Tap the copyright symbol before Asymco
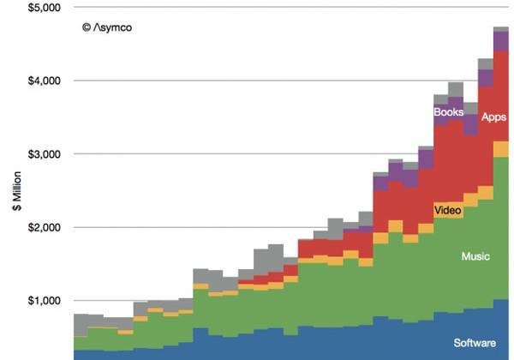(86, 27)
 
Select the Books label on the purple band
(448, 112)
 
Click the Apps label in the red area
(493, 117)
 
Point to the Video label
(447, 211)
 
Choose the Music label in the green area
(475, 256)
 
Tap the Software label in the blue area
(475, 344)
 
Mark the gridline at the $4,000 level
(257, 81)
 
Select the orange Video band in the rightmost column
(501, 149)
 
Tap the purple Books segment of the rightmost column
(501, 40)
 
